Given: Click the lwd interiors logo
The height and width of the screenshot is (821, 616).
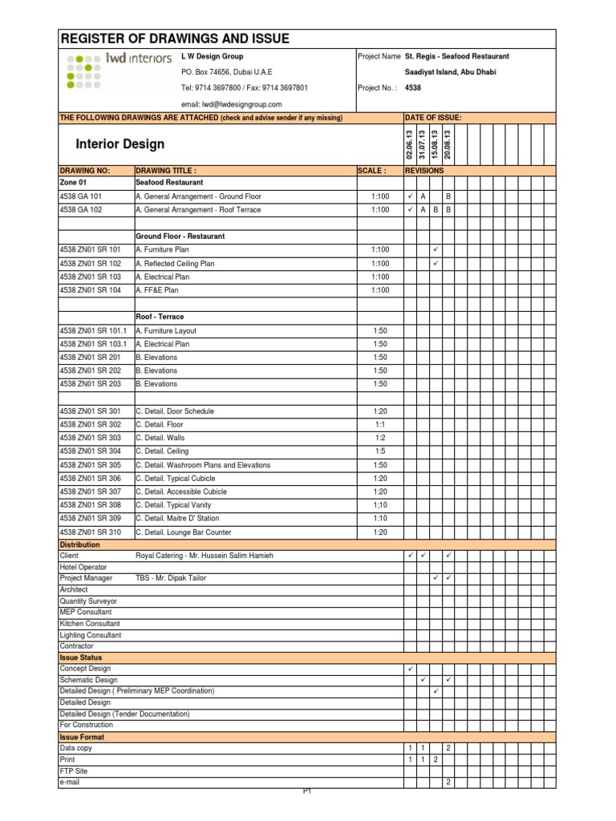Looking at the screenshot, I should [119, 71].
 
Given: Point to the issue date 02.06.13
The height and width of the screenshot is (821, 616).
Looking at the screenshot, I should [410, 144].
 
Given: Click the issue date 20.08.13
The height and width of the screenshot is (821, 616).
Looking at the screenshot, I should [448, 144].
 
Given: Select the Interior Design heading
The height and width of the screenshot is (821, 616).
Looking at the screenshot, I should [120, 144].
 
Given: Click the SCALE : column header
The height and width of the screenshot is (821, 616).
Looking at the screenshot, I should [371, 171].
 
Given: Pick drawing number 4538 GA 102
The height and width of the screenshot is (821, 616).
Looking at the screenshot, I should [81, 209].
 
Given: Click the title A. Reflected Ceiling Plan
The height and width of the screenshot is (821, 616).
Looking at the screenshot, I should [175, 263].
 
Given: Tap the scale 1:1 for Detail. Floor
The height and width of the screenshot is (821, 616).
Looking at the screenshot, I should [380, 424].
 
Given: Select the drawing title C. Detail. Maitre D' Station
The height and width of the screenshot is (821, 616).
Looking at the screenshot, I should [188, 518].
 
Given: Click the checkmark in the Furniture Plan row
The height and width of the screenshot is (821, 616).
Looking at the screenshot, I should [436, 249].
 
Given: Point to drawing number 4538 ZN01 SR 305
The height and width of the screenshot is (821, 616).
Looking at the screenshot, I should [91, 465].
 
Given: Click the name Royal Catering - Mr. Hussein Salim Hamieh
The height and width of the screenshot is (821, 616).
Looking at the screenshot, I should [205, 556].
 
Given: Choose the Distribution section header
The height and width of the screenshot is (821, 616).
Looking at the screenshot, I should [80, 544].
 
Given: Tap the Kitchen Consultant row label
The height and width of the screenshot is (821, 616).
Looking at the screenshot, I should [90, 623].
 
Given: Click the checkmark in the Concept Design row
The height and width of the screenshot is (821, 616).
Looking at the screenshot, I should [410, 668].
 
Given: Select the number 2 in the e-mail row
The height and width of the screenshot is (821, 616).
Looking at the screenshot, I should [448, 782].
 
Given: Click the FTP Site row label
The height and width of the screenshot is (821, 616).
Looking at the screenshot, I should [73, 770].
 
